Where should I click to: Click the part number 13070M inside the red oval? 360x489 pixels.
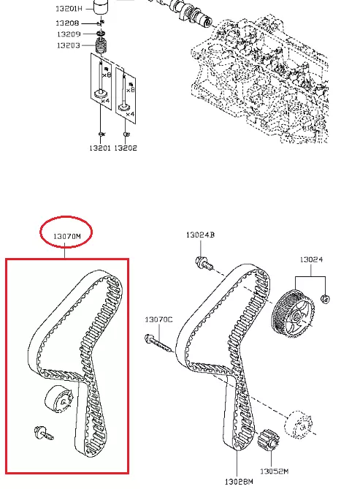66,236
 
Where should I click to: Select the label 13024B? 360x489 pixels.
200,235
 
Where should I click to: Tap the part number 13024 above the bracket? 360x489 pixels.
311,259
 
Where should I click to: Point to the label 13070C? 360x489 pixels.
158,319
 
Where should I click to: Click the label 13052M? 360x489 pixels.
274,471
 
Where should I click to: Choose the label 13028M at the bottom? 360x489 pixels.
239,482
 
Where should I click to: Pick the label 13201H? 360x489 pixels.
69,9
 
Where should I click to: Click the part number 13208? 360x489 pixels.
67,23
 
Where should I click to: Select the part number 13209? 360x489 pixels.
69,34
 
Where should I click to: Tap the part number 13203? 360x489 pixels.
68,45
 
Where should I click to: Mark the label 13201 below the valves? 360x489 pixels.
100,148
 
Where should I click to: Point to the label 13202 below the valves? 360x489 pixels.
126,148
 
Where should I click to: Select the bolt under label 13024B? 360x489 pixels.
204,263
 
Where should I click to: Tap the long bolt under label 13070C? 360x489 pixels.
158,343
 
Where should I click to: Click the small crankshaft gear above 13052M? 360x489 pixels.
269,440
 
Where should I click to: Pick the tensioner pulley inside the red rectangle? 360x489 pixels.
59,400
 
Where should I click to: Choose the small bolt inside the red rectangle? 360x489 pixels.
43,433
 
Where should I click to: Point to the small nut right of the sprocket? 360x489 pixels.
325,299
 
